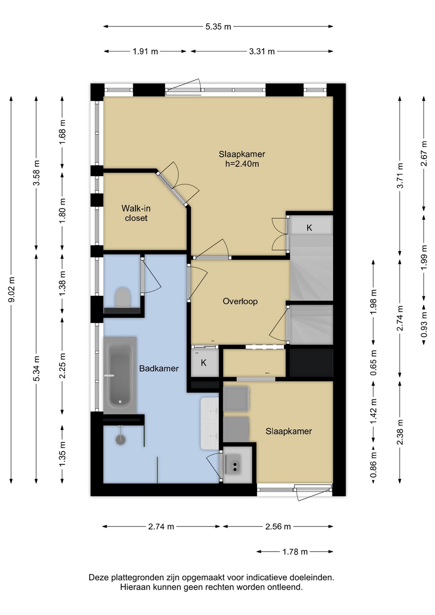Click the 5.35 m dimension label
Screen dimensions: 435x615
[218, 26]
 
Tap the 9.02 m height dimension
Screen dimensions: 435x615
[12, 290]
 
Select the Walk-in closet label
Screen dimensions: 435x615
[136, 213]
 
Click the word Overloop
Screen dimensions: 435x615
[240, 302]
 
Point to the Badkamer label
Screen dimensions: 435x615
[159, 369]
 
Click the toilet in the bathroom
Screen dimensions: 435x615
[123, 297]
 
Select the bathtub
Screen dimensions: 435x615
[120, 375]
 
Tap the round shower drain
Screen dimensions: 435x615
[120, 439]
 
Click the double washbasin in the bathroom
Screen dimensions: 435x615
[209, 423]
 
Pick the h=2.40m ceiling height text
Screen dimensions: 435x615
[242, 164]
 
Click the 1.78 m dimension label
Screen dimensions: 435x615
[295, 552]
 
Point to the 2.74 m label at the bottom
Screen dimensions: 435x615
[161, 527]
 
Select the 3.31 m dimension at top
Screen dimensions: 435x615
[262, 51]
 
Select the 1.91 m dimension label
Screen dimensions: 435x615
[146, 51]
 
